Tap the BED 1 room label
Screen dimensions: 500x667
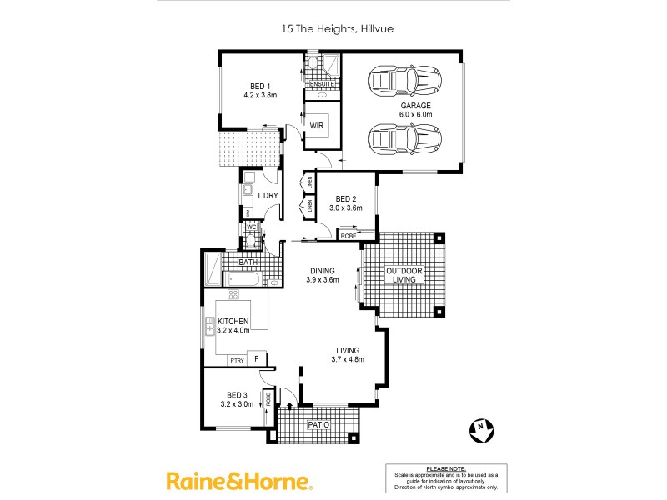click(x=260, y=87)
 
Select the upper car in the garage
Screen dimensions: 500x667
click(x=404, y=82)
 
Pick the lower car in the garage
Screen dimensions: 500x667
click(x=404, y=137)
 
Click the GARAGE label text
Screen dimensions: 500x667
click(x=414, y=106)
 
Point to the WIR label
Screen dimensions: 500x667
click(x=317, y=126)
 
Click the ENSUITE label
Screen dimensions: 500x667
click(x=323, y=84)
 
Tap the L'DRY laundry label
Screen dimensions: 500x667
click(x=268, y=196)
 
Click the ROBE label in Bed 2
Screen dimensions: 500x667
click(x=349, y=237)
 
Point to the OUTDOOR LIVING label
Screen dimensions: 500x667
click(x=404, y=276)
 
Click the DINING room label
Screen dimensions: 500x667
click(x=323, y=271)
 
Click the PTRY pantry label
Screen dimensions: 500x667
click(x=237, y=360)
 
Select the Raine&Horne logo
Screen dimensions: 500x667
click(x=239, y=481)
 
